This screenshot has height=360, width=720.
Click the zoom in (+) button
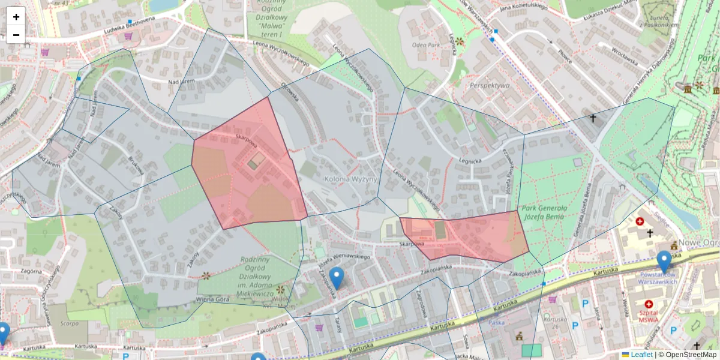(x=16, y=17)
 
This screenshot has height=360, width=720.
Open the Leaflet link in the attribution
(x=641, y=355)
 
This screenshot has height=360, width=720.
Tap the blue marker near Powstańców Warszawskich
(x=664, y=262)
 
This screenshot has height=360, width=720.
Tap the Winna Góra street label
(x=214, y=298)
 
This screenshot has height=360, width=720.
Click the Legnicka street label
(x=470, y=161)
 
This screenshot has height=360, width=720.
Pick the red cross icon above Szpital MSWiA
(x=649, y=305)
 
